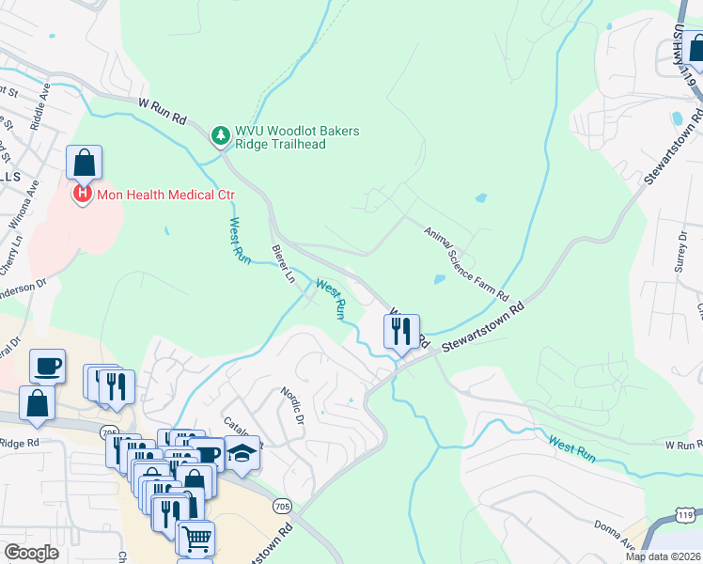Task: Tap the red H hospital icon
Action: click(83, 195)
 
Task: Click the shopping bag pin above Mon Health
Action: click(84, 163)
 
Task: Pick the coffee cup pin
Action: click(47, 365)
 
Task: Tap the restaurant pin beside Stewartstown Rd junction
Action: click(400, 330)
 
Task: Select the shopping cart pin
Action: click(196, 539)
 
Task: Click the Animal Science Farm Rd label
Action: click(465, 262)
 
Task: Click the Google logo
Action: click(31, 553)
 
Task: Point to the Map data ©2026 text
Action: click(663, 556)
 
